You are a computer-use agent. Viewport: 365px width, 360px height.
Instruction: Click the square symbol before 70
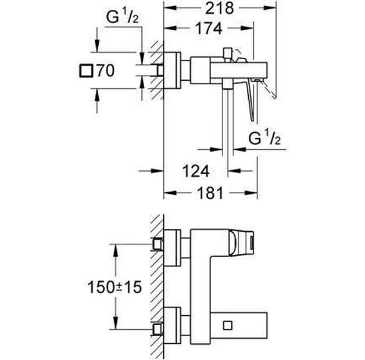coord(85,71)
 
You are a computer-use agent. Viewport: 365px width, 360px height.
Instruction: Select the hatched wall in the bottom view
coord(156,285)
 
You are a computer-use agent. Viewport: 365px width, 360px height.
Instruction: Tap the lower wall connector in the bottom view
coord(157,329)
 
